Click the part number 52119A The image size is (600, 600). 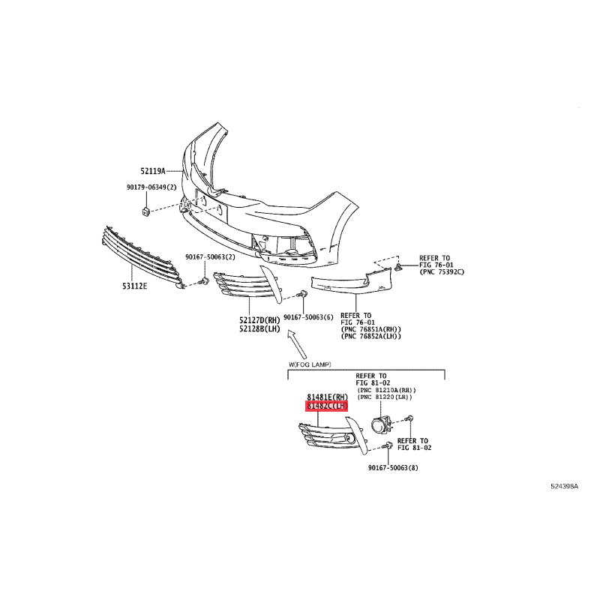153,172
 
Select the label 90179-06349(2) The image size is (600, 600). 151,187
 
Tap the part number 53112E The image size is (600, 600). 135,286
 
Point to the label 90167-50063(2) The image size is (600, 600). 210,257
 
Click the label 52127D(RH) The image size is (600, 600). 259,320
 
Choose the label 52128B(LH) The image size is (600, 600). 259,329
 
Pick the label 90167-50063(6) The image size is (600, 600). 308,317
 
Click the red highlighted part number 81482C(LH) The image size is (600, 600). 326,406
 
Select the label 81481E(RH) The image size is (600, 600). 328,397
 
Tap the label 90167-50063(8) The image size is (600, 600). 393,467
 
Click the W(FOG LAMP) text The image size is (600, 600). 310,364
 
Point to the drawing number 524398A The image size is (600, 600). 565,486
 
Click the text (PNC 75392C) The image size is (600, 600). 442,271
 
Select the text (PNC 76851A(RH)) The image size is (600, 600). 370,329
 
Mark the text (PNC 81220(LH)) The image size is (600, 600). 385,397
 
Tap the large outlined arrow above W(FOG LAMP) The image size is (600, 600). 297,344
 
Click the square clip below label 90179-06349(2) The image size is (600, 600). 145,211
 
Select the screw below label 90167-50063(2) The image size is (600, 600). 204,282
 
